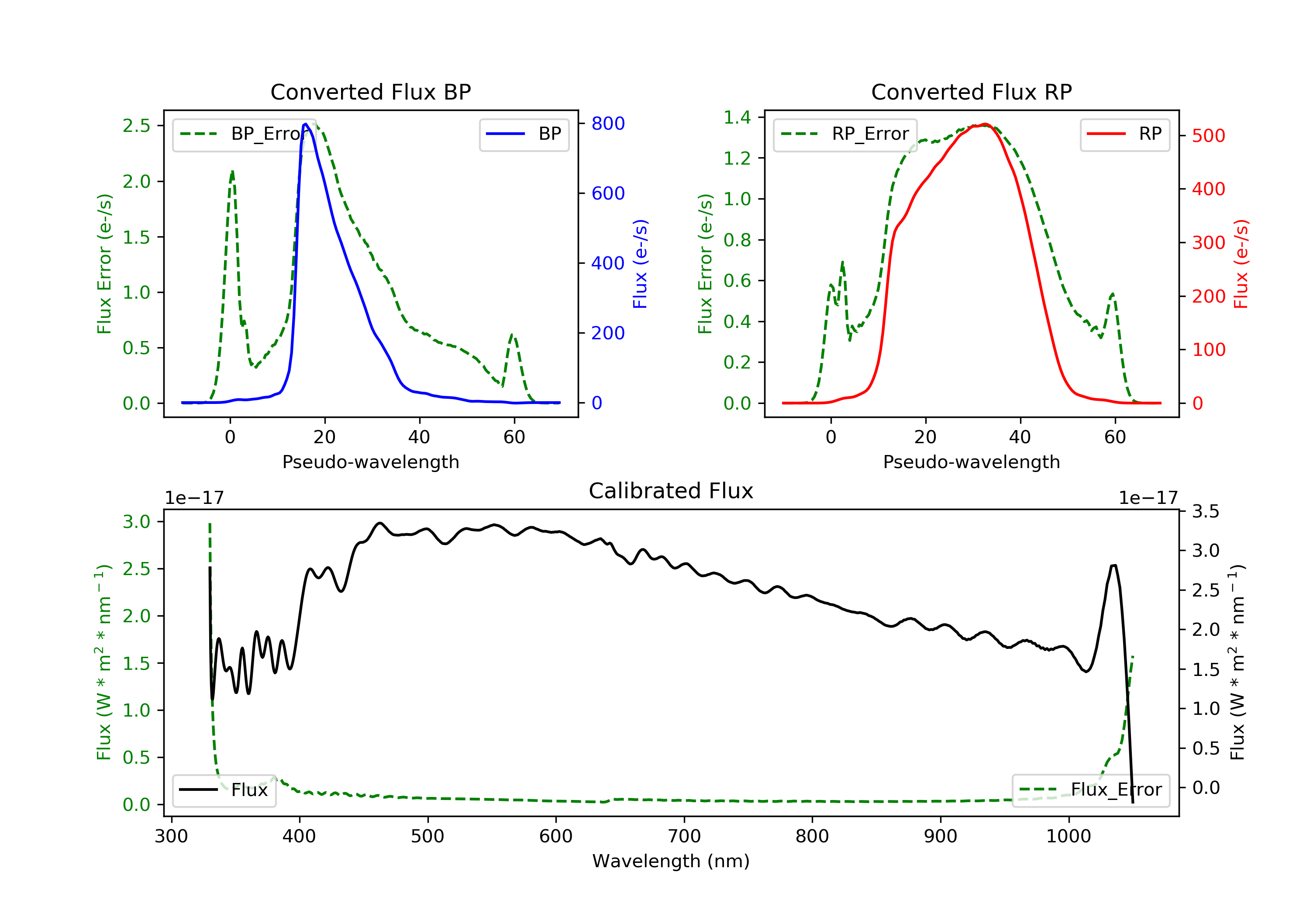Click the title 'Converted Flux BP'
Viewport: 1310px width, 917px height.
pos(370,92)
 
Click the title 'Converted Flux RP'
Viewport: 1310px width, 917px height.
pos(971,92)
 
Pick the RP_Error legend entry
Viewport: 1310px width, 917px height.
pos(845,134)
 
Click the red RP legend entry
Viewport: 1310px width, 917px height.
pos(1124,134)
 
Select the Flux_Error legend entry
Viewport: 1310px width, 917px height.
pos(1090,790)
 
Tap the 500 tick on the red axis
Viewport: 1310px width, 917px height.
pos(1208,136)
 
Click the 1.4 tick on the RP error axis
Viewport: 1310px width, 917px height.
pos(737,117)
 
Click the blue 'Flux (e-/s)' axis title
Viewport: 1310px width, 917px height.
pos(640,264)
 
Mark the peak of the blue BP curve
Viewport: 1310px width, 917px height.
pos(306,124)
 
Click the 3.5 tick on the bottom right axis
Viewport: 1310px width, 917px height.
pos(1205,511)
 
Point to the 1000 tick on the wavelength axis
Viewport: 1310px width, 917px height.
pos(1068,837)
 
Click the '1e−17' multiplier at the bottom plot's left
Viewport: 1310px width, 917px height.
pos(194,498)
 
